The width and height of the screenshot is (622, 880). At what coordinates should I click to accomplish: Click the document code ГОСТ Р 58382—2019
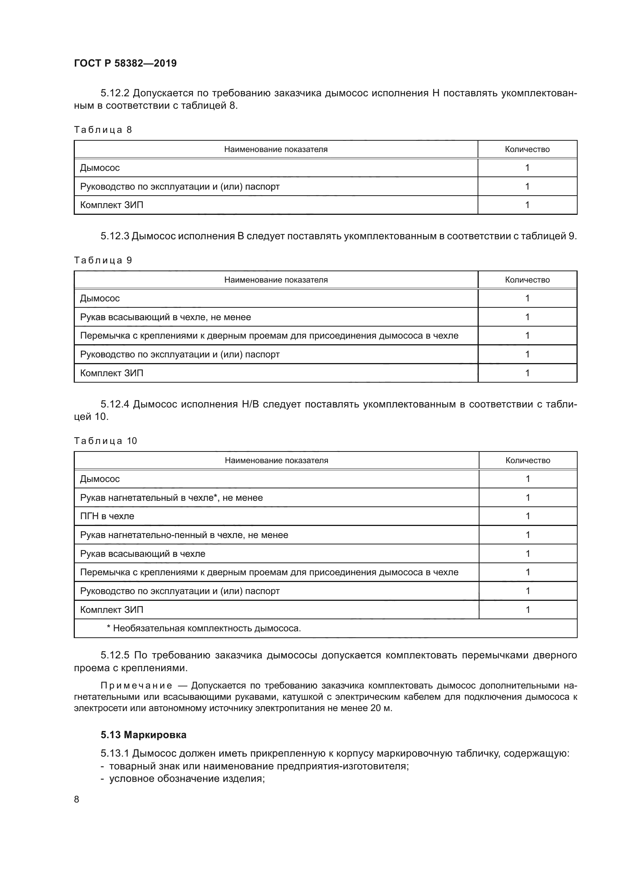125,63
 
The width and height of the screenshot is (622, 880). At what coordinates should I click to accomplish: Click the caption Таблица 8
103,130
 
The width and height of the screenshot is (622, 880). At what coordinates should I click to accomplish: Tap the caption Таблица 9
103,261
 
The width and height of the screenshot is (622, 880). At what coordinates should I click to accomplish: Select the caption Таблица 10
105,441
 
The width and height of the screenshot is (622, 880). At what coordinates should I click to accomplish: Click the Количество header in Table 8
527,149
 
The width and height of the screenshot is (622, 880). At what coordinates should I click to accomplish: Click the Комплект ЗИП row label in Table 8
111,205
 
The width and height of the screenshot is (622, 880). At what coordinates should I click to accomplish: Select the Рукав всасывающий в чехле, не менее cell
165,318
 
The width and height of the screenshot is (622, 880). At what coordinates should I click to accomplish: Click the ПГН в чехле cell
107,516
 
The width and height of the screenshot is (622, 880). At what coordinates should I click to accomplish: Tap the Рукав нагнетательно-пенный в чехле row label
184,535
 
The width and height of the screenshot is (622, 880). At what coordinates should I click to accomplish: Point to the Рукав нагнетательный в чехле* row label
171,498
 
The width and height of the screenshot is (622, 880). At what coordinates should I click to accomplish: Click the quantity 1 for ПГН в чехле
527,516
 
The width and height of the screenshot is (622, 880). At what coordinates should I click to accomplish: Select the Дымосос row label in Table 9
100,299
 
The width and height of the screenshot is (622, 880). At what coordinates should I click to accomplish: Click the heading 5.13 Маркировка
143,735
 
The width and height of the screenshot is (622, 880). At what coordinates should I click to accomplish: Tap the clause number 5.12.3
115,237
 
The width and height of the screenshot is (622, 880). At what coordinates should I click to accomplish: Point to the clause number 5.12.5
115,655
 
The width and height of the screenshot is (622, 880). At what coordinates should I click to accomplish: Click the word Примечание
136,686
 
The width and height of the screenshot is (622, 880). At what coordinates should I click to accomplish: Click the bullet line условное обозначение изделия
187,779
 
